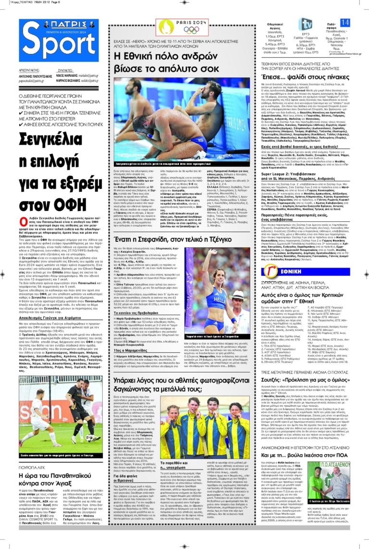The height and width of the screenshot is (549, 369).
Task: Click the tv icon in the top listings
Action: pyautogui.click(x=306, y=25)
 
